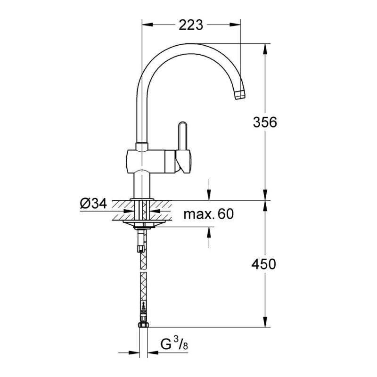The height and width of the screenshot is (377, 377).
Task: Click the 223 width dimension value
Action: point(191,25)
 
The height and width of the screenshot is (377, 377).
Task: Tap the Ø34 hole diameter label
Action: point(93,204)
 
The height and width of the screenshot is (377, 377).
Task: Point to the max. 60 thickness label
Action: point(208,214)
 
